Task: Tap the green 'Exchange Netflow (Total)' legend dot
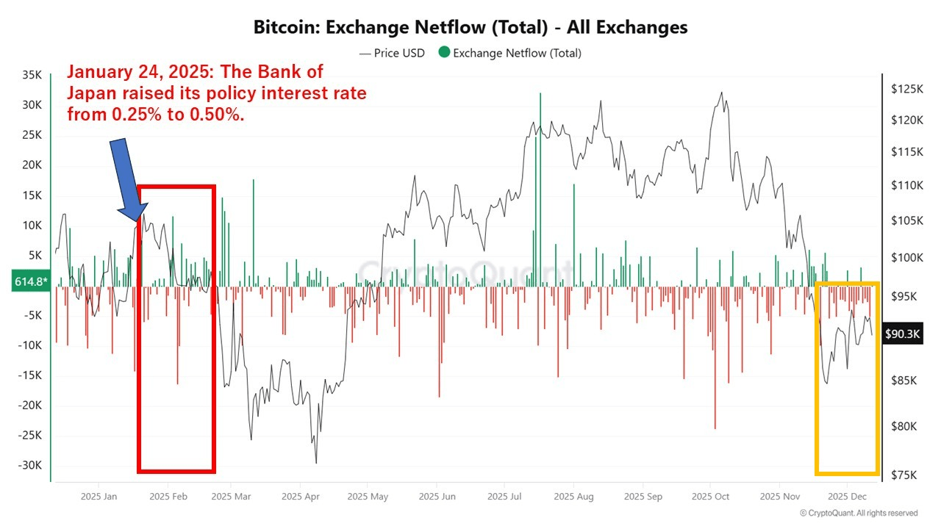click(x=444, y=53)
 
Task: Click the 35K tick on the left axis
click(x=32, y=75)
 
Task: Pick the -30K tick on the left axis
click(x=31, y=465)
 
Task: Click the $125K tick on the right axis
click(x=906, y=89)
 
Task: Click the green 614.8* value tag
click(x=30, y=281)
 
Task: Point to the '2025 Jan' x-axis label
click(x=100, y=497)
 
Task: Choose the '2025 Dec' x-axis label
click(x=847, y=497)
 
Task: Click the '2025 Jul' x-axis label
click(x=506, y=497)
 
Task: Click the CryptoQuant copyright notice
click(x=859, y=513)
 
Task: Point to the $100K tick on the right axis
click(x=906, y=257)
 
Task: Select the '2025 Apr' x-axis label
click(x=301, y=497)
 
